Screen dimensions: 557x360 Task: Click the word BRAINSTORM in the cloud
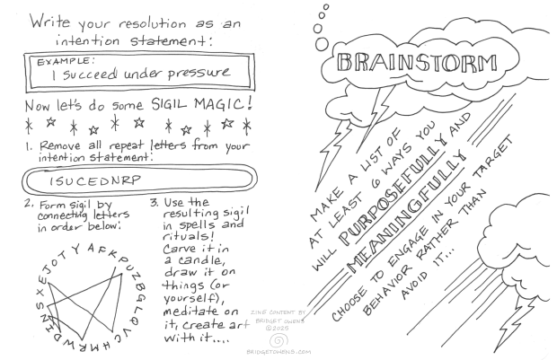click(x=416, y=63)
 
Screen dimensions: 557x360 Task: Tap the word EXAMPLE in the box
click(x=66, y=61)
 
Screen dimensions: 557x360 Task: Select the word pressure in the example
click(x=199, y=74)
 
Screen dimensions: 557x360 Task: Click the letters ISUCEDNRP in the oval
click(x=95, y=180)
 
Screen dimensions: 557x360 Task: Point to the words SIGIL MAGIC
click(x=202, y=104)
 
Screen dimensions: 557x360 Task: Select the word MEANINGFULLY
click(x=405, y=212)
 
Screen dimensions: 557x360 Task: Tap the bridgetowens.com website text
click(x=278, y=352)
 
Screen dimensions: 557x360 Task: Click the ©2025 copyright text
click(x=278, y=328)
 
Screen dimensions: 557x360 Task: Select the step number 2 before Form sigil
click(x=29, y=204)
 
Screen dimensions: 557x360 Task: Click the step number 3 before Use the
click(x=154, y=203)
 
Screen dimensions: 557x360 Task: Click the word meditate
click(x=190, y=312)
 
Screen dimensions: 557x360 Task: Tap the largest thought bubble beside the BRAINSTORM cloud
click(x=322, y=44)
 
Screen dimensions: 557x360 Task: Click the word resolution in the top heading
click(x=153, y=24)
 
